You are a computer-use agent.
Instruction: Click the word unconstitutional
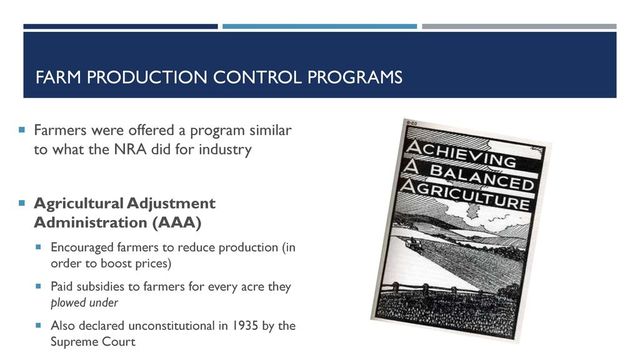[168, 325]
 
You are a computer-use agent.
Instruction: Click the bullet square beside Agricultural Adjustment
[20, 203]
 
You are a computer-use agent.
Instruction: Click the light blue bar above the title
[318, 26]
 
